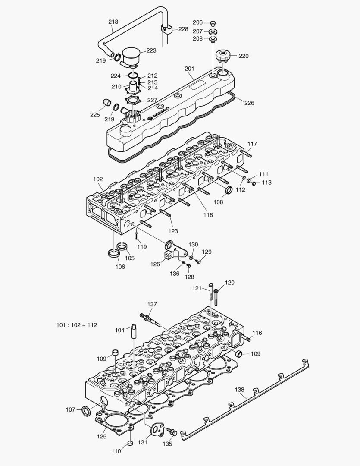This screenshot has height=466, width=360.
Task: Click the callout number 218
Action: pos(113,22)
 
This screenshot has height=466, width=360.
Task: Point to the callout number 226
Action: pos(249,103)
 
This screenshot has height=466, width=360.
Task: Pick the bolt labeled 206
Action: pos(213,23)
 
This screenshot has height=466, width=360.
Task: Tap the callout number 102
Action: pos(98,179)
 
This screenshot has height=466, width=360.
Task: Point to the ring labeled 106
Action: pos(114,254)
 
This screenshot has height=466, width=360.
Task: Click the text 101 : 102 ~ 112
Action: pos(77,325)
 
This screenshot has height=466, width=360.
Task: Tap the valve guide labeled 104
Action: pos(134,332)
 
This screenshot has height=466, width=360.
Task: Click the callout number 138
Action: pos(239,390)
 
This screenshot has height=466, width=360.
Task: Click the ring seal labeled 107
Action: pos(86,409)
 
